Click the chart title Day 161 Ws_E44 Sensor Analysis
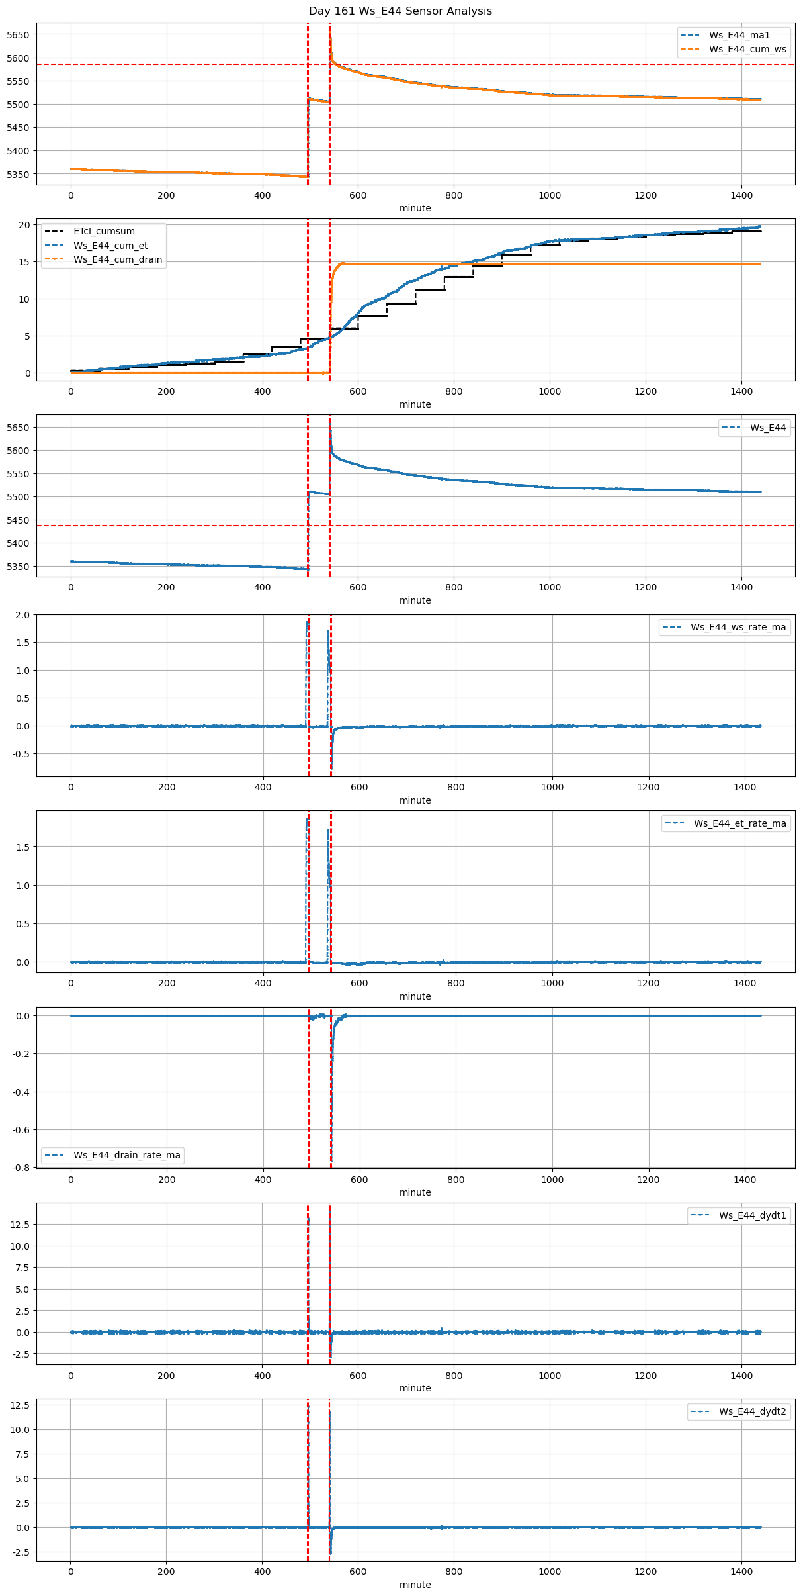(x=400, y=11)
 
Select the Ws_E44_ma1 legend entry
(x=739, y=35)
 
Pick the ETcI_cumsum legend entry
(x=104, y=231)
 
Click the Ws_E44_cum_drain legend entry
(x=118, y=259)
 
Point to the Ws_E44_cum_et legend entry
(x=110, y=246)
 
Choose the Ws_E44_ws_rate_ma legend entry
(x=738, y=627)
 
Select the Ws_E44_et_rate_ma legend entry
(x=739, y=823)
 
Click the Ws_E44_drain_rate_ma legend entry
(x=126, y=1155)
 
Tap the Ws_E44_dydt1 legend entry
(x=752, y=1215)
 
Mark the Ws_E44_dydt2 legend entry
(x=752, y=1412)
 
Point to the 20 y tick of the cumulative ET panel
(x=24, y=225)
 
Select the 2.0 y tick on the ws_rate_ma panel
(x=22, y=615)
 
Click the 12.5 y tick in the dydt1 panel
(x=19, y=1225)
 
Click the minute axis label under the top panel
(x=415, y=208)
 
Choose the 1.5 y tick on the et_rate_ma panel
(x=22, y=847)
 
